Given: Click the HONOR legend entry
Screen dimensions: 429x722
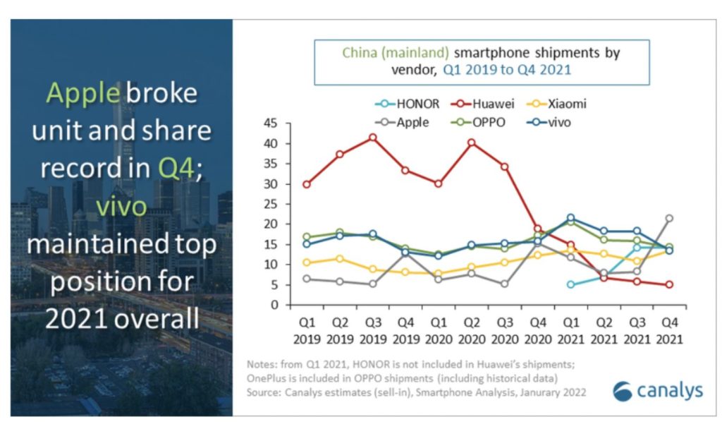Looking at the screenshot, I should click(407, 104).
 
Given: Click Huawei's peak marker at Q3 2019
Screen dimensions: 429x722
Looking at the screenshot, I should click(373, 138).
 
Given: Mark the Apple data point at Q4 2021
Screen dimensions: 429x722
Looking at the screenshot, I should click(668, 218).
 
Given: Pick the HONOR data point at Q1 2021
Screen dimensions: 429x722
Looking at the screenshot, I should click(570, 284).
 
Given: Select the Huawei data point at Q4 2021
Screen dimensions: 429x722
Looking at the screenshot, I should click(668, 284).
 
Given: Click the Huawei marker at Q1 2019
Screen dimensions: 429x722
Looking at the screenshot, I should click(307, 184).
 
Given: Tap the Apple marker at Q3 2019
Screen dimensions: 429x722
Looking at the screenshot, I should click(373, 284).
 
